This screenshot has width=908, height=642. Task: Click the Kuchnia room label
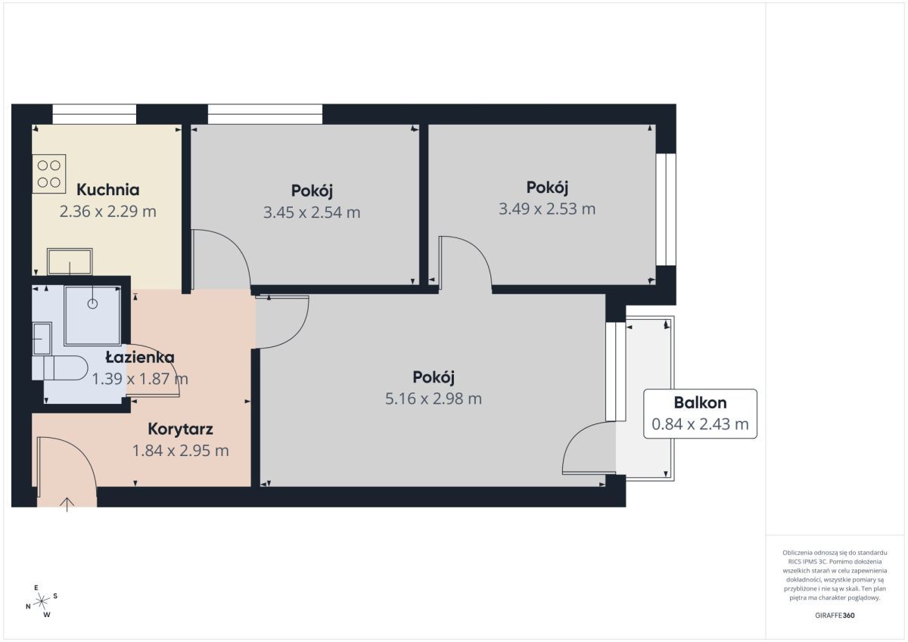pos(107,190)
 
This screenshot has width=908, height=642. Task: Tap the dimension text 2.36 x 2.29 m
pos(107,212)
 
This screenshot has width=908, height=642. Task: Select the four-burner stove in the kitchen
pos(49,174)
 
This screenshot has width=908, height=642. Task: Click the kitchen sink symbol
pos(70,262)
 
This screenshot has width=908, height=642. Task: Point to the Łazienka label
pos(140,357)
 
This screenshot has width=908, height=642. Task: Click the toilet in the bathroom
pos(60,368)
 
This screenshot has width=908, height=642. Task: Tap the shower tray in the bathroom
pos(92,316)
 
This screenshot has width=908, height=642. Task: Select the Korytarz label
pos(180,429)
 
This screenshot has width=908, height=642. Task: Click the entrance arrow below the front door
pos(67,504)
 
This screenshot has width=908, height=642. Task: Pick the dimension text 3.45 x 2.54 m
pos(312,212)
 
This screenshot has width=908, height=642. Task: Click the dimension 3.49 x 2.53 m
pos(547,209)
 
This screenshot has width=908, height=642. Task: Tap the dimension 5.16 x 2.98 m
pos(434,399)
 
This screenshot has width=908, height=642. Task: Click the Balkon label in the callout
pos(700,402)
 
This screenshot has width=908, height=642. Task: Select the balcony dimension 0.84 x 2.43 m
pos(700,424)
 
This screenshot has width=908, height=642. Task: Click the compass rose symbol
pos(42,601)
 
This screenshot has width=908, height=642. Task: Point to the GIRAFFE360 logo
pos(835,616)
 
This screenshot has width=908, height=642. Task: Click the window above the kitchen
pos(94,114)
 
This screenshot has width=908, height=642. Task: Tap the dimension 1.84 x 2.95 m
pos(180,451)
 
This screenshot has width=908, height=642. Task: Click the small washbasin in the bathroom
pos(42,339)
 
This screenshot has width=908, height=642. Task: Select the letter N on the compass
pos(28,606)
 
